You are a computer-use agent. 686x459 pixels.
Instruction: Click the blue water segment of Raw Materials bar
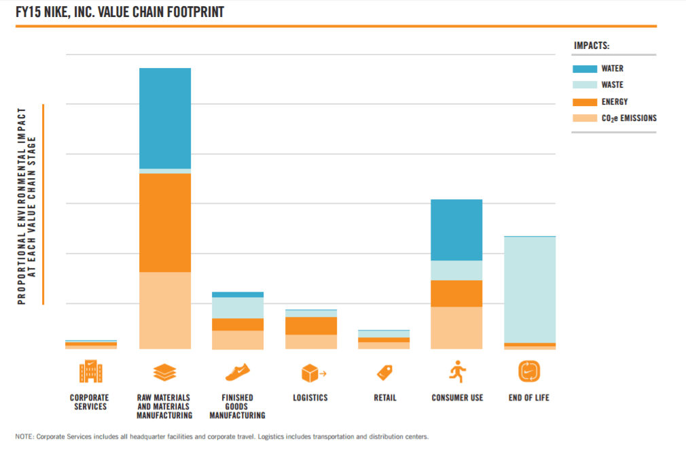pyautogui.click(x=164, y=118)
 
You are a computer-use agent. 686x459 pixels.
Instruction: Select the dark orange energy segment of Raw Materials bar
pyautogui.click(x=164, y=222)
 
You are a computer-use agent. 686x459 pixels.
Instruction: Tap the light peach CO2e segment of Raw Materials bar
pyautogui.click(x=164, y=310)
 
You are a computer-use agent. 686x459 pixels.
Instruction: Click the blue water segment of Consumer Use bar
pyautogui.click(x=456, y=230)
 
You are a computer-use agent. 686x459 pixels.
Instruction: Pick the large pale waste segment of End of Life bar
pyautogui.click(x=530, y=289)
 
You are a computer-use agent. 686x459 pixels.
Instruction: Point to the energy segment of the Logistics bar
pyautogui.click(x=310, y=326)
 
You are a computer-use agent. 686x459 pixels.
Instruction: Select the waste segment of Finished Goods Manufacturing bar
pyautogui.click(x=238, y=307)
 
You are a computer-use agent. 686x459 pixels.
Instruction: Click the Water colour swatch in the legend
pyautogui.click(x=585, y=69)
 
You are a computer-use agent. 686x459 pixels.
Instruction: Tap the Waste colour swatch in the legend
pyautogui.click(x=585, y=85)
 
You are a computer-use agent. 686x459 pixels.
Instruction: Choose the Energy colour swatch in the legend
pyautogui.click(x=585, y=102)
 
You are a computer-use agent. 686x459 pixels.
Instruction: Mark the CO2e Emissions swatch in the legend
pyautogui.click(x=585, y=118)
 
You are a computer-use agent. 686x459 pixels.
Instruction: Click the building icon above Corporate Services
pyautogui.click(x=90, y=372)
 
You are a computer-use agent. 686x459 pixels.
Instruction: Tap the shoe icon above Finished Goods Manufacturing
pyautogui.click(x=238, y=372)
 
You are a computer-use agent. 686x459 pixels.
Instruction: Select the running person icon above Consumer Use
pyautogui.click(x=456, y=371)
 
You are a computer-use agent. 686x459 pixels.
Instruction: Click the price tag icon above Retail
pyautogui.click(x=384, y=372)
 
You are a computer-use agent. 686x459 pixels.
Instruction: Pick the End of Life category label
pyautogui.click(x=529, y=398)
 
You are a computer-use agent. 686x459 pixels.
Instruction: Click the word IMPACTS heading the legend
pyautogui.click(x=592, y=46)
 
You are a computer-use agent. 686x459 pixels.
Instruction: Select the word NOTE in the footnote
pyautogui.click(x=24, y=437)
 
